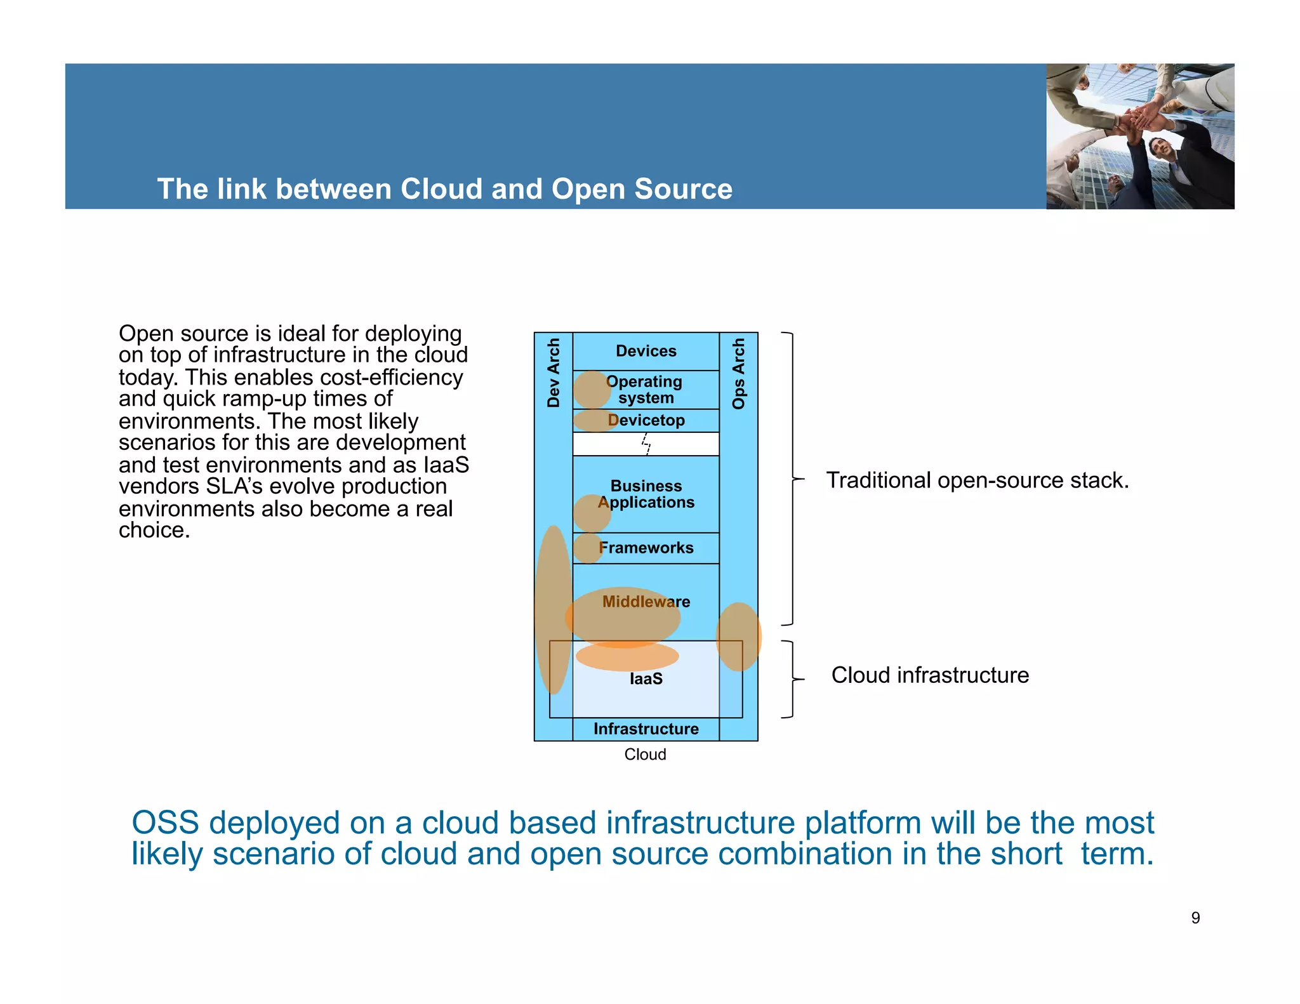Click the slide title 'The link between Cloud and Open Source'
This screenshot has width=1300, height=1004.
coord(444,189)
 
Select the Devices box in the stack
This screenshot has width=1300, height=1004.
coord(646,351)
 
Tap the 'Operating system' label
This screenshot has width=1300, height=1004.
coord(646,390)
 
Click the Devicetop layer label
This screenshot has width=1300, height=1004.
coord(646,420)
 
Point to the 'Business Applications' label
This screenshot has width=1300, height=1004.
coord(646,494)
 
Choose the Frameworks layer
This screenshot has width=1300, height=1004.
coord(646,548)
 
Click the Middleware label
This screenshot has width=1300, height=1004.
coord(646,602)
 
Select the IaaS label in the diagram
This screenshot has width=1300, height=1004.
coord(646,679)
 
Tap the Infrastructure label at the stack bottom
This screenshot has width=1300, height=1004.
coord(646,729)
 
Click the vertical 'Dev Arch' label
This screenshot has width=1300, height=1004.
coord(554,373)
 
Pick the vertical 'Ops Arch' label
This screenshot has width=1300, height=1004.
coord(738,374)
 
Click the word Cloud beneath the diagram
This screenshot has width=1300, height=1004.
coord(645,754)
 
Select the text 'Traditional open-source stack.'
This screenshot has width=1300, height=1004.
coord(977,480)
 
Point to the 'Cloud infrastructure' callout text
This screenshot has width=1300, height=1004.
coord(930,675)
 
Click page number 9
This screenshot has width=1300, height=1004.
coord(1195,918)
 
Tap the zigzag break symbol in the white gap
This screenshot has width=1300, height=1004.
coord(646,444)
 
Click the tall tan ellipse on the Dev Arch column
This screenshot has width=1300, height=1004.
coord(553,609)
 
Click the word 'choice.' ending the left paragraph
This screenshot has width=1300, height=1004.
coord(154,531)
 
